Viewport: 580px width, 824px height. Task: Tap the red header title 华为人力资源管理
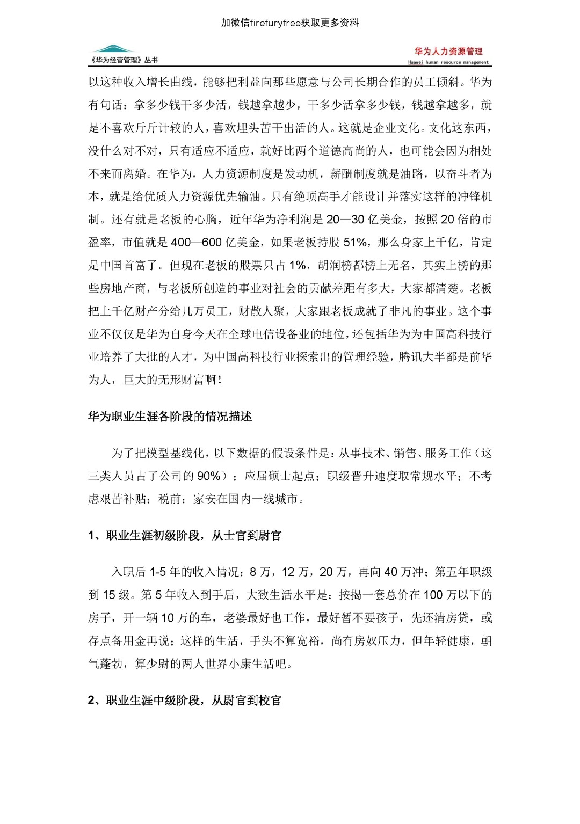coord(448,52)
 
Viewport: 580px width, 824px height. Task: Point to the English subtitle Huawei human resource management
coord(448,62)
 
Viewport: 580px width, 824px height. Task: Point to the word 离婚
coord(135,174)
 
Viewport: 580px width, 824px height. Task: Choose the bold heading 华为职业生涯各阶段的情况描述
coord(170,417)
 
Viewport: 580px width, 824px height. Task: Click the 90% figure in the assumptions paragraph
coord(208,476)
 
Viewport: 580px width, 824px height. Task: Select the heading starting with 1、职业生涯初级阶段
coord(184,536)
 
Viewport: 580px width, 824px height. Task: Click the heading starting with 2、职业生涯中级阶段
coord(184,701)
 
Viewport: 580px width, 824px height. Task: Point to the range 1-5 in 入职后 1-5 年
coord(157,572)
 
